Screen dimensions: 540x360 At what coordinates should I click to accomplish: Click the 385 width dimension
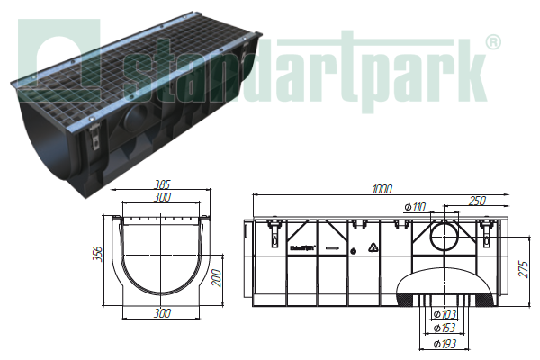[x=162, y=184]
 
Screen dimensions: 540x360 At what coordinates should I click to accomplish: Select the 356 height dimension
[x=98, y=254]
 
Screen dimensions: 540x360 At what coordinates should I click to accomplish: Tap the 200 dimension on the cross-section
[x=216, y=278]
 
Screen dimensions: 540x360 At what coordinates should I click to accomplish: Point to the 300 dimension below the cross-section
[x=162, y=313]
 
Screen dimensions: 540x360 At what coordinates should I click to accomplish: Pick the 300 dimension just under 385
[x=162, y=197]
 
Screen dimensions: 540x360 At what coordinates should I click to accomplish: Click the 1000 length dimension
[x=382, y=189]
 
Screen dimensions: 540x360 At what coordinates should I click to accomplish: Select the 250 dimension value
[x=477, y=201]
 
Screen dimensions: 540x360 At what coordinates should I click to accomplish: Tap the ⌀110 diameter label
[x=415, y=207]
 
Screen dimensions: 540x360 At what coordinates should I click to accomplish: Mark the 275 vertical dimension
[x=523, y=269]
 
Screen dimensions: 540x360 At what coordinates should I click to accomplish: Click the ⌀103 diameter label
[x=445, y=314]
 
